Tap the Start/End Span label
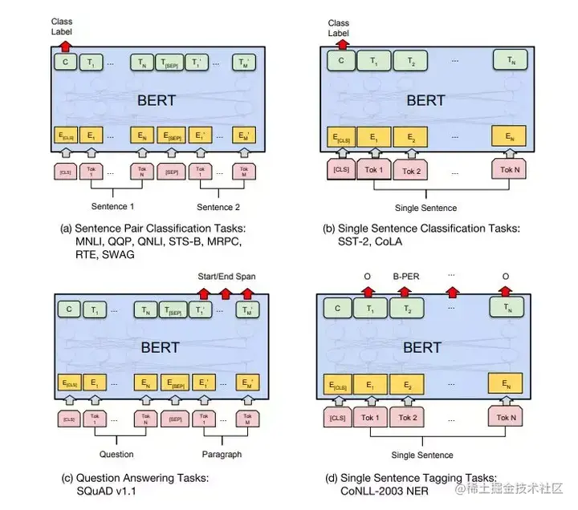click(227, 276)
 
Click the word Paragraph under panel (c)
click(221, 453)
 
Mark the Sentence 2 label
click(219, 207)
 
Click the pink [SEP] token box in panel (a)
click(171, 172)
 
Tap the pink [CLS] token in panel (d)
click(338, 417)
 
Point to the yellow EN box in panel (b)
click(510, 137)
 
